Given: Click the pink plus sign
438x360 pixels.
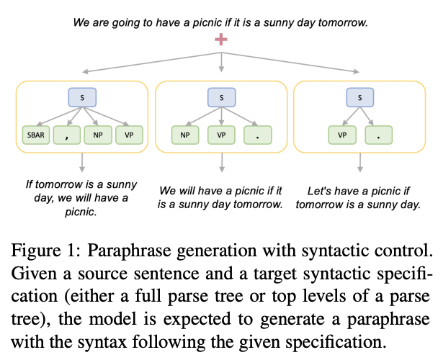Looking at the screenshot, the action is point(221,40).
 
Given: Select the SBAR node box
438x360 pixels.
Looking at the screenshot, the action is point(36,135).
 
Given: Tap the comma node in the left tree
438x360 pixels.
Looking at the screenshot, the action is point(67,135).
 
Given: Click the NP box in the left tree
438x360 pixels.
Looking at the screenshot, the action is point(98,135).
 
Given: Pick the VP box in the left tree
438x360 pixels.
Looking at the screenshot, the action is point(129,135).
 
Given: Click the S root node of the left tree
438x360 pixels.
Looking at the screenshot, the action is point(82,97).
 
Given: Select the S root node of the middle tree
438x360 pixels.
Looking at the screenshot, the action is point(221,97).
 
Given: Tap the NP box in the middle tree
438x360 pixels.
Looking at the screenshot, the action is point(185,135).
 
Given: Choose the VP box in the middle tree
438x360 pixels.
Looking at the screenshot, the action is point(221,135).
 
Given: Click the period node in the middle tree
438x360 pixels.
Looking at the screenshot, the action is point(258,135).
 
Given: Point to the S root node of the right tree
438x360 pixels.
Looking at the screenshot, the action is point(360,97).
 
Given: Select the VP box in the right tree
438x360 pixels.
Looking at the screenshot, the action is point(342,135).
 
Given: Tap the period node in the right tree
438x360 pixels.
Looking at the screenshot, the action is point(378,135).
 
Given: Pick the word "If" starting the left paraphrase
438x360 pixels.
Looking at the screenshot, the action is point(29,184).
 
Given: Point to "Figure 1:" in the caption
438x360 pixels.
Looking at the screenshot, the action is point(46,251).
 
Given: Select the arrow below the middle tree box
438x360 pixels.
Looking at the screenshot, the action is point(222,163).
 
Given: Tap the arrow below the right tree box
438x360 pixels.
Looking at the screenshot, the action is point(360,163).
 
